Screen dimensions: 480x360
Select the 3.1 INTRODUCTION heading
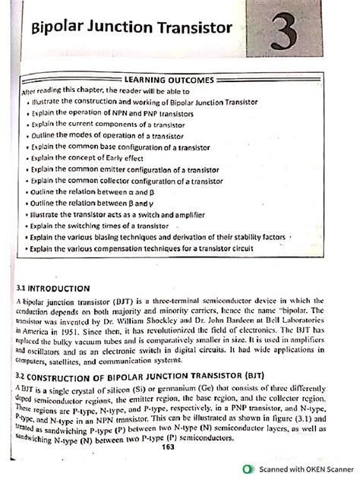58,288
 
